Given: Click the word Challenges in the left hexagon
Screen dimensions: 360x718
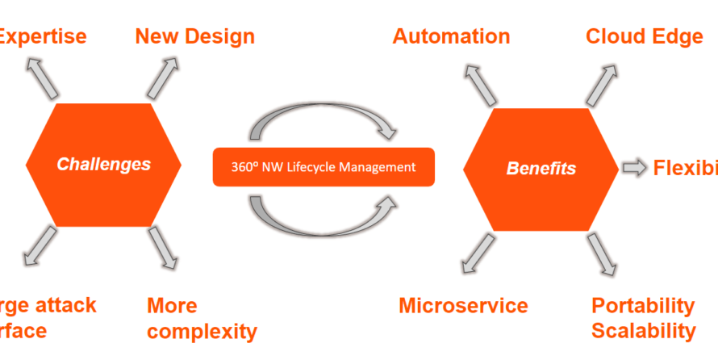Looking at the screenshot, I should (x=103, y=165).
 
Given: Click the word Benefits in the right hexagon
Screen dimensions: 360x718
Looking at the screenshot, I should (x=541, y=169).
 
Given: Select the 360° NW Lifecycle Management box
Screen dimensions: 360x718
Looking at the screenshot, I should (x=324, y=167).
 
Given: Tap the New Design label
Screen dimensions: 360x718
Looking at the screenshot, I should (x=194, y=36).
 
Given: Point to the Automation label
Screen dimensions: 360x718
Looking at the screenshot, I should (x=451, y=36).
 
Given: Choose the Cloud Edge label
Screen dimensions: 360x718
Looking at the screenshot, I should (x=644, y=36).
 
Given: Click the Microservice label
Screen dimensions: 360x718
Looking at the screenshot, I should (x=463, y=306).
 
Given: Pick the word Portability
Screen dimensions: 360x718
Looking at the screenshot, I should (x=643, y=306).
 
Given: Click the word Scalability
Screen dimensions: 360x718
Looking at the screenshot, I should (x=643, y=331).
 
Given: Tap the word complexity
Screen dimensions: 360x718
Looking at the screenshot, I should (x=202, y=331).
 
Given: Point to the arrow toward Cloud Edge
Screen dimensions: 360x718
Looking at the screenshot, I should (x=603, y=84).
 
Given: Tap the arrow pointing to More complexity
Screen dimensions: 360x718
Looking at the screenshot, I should (x=164, y=248).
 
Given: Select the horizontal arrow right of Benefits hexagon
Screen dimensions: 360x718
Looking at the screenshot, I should (x=635, y=168).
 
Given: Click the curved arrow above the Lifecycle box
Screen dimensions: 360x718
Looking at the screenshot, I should (x=323, y=126).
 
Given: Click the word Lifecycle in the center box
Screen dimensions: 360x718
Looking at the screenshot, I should (x=331, y=167).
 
